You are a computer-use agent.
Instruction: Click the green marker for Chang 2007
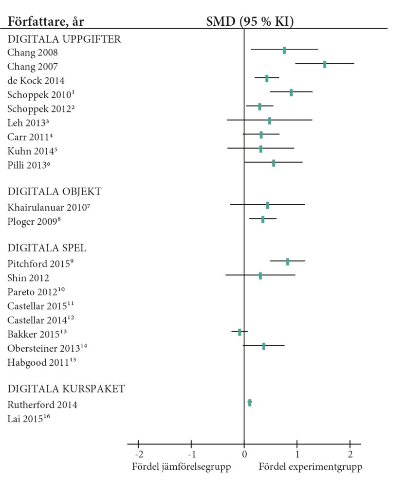tap(325, 64)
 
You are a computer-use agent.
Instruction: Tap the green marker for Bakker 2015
tap(240, 332)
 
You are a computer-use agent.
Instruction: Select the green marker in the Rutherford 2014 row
tap(250, 403)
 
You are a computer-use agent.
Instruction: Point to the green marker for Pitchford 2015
tap(288, 262)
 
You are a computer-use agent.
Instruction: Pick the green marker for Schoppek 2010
tap(291, 92)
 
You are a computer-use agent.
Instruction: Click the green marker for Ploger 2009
tap(263, 220)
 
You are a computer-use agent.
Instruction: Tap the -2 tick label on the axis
tap(139, 455)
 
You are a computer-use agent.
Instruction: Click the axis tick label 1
tap(297, 455)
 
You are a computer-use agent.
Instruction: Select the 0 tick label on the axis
tap(244, 455)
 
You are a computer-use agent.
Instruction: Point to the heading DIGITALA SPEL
tap(47, 248)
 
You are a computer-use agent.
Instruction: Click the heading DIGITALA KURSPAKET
tap(66, 389)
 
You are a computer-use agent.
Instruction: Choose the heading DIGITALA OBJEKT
tap(55, 192)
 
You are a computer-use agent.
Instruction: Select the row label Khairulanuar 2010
tap(49, 208)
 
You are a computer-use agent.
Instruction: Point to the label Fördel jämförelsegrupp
tap(181, 467)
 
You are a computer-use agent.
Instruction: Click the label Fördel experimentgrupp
tap(311, 467)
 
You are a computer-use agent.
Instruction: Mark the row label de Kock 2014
tap(36, 81)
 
